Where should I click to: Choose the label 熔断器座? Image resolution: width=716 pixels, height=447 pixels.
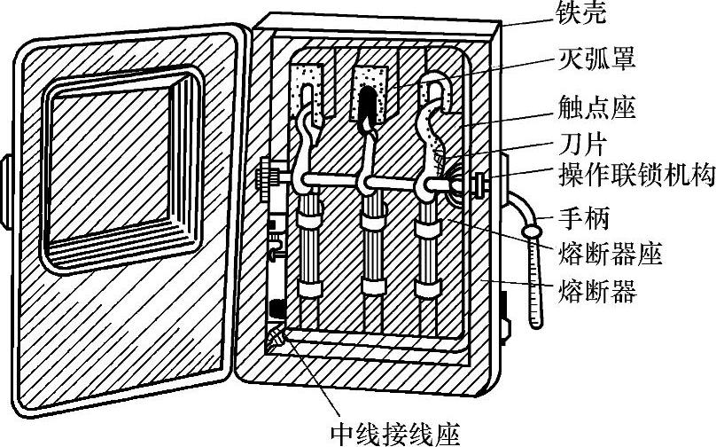click(611, 255)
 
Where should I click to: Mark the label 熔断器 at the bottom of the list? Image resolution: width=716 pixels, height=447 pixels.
click(598, 291)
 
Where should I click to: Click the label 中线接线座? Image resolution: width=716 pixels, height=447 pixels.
click(395, 432)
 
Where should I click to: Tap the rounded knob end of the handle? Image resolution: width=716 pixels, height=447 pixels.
click(532, 231)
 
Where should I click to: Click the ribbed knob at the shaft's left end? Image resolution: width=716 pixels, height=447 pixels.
click(267, 177)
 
